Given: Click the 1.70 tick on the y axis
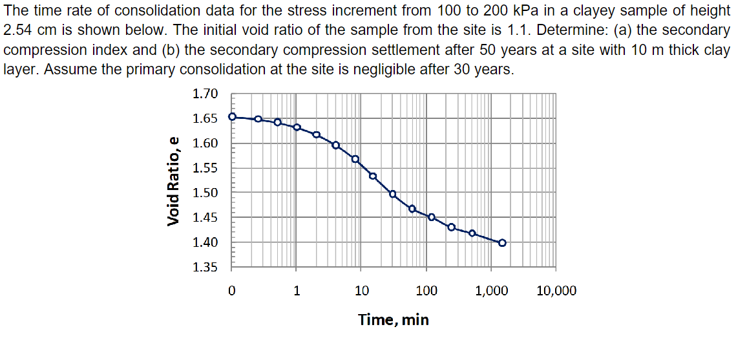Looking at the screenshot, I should pos(205,94).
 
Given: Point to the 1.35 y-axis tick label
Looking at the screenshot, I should pos(205,268).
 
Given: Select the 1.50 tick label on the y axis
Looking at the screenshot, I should pos(205,193).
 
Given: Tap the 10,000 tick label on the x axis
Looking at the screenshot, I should pos(556,291).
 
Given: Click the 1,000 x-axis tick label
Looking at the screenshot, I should pos(491,291).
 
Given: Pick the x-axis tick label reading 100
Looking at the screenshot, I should pos(426,291).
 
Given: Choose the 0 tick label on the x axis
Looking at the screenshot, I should pos(232,291).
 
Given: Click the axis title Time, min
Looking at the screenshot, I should pos(394,319).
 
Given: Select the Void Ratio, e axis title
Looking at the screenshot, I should pos(173,181).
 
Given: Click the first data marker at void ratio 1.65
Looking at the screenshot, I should pos(233,117).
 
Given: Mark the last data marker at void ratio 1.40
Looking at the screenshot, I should pos(502,243).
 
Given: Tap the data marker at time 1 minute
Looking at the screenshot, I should pos(297,127).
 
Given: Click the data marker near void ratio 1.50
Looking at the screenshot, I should pos(392,194).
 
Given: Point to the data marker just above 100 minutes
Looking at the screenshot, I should pos(432,217).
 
